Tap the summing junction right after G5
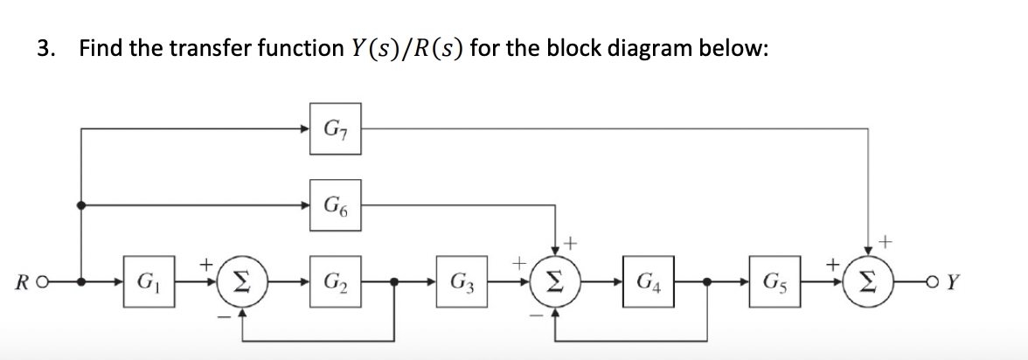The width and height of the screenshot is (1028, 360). click(x=868, y=282)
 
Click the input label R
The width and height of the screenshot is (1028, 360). click(x=20, y=283)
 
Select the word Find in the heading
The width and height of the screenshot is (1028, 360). click(x=101, y=48)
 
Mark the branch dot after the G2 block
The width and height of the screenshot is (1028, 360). click(x=395, y=282)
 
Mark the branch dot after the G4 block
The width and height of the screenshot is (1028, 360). click(x=707, y=282)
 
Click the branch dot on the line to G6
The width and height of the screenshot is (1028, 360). click(x=81, y=206)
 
